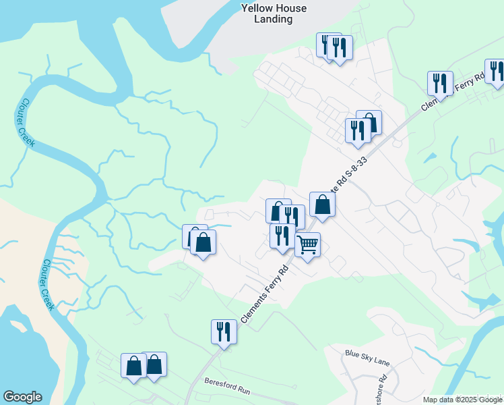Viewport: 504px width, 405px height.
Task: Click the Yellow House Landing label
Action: [x=274, y=13]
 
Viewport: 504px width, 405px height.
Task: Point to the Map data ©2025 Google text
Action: [x=462, y=400]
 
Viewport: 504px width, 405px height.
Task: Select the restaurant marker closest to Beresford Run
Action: [x=224, y=331]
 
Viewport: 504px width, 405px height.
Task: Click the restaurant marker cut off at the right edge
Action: [x=496, y=71]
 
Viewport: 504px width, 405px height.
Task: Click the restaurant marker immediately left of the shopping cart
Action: [x=282, y=236]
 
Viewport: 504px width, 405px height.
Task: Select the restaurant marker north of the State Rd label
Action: [x=357, y=130]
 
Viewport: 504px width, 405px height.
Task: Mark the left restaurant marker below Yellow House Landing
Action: [x=329, y=46]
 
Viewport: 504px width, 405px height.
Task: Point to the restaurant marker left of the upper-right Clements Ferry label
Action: [x=439, y=83]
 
